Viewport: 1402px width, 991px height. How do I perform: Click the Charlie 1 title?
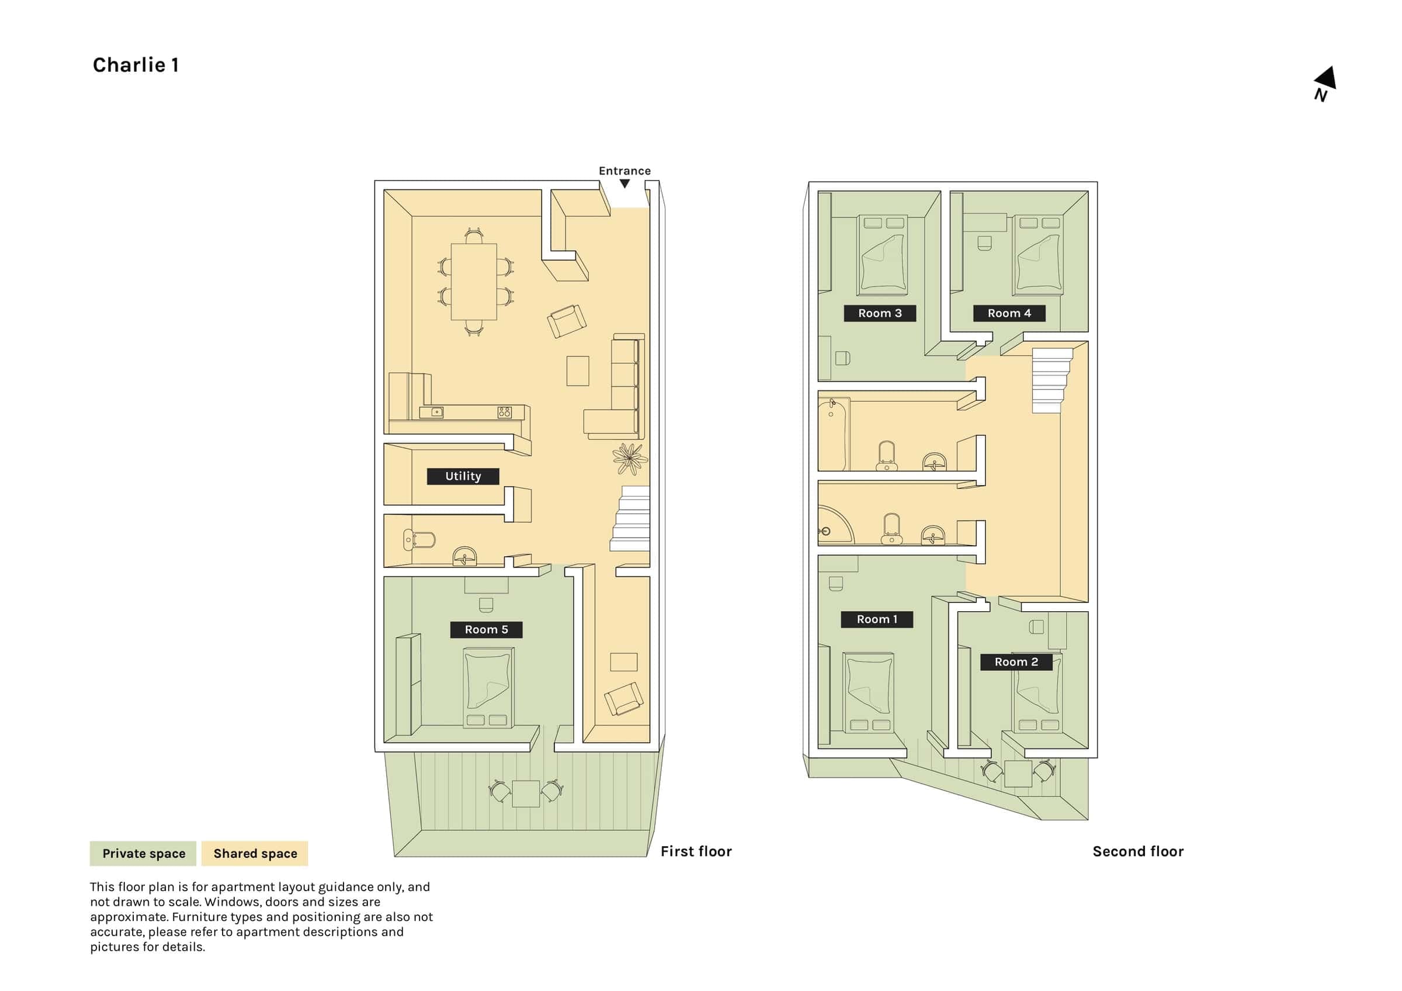pyautogui.click(x=136, y=65)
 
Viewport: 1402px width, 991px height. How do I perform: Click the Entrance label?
pyautogui.click(x=624, y=171)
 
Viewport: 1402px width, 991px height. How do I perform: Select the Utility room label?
pyautogui.click(x=463, y=476)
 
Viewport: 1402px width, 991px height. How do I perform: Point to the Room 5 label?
pyautogui.click(x=486, y=629)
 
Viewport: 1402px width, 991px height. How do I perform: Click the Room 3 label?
pyautogui.click(x=880, y=313)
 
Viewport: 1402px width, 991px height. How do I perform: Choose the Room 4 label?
pyautogui.click(x=1009, y=313)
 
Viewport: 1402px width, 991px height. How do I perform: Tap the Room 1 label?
pyautogui.click(x=877, y=619)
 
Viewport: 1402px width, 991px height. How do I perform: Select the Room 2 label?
pyautogui.click(x=1016, y=662)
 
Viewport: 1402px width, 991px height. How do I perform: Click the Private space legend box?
pyautogui.click(x=143, y=854)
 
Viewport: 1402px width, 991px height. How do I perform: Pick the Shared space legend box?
pyautogui.click(x=255, y=854)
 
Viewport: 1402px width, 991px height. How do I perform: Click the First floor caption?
pyautogui.click(x=696, y=852)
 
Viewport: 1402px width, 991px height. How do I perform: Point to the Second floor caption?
pyautogui.click(x=1138, y=852)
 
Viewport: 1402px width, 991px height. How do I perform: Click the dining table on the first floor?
pyautogui.click(x=474, y=282)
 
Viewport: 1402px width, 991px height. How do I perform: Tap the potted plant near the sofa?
pyautogui.click(x=630, y=458)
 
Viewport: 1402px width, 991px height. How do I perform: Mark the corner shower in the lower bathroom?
pyautogui.click(x=835, y=525)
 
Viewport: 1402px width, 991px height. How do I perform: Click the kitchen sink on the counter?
pyautogui.click(x=432, y=412)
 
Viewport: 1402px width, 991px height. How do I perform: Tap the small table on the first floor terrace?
pyautogui.click(x=526, y=794)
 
